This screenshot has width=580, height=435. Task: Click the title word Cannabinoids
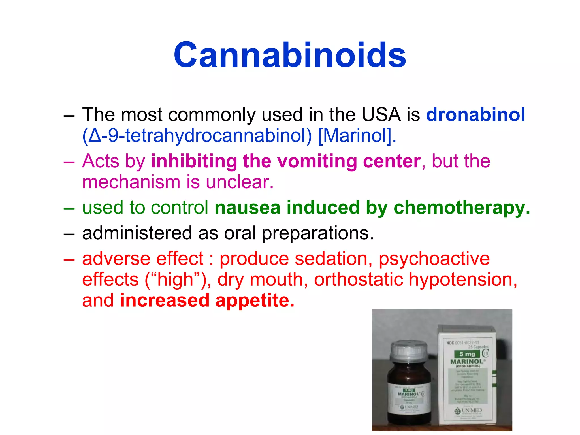pyautogui.click(x=290, y=55)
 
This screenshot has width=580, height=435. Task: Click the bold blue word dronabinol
pyautogui.click(x=475, y=115)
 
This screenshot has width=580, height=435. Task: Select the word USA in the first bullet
pyautogui.click(x=381, y=115)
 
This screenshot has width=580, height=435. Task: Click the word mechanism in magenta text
pyautogui.click(x=131, y=182)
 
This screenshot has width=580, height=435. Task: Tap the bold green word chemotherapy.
pyautogui.click(x=462, y=208)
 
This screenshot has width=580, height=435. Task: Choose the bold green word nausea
pyautogui.click(x=247, y=208)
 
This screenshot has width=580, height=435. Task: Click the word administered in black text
pyautogui.click(x=137, y=233)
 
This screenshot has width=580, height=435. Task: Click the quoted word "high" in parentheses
pyautogui.click(x=176, y=280)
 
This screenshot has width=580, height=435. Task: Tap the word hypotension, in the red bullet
pyautogui.click(x=463, y=280)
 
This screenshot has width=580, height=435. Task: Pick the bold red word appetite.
pyautogui.click(x=255, y=300)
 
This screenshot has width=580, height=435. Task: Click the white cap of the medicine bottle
pyautogui.click(x=408, y=351)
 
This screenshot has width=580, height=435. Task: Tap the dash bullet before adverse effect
pyautogui.click(x=69, y=259)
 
